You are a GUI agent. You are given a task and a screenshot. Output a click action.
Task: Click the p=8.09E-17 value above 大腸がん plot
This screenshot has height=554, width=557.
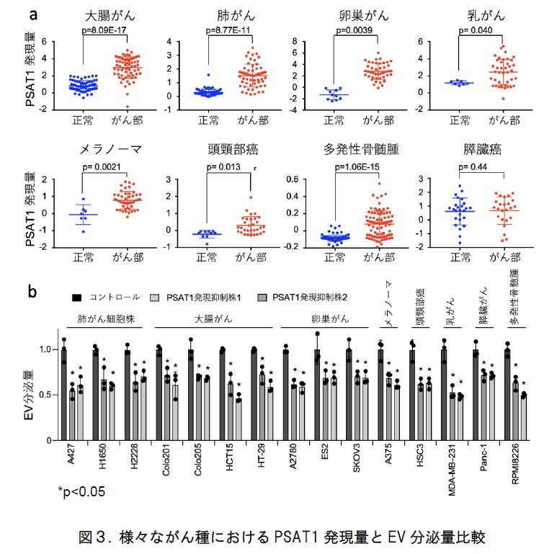(x=107, y=30)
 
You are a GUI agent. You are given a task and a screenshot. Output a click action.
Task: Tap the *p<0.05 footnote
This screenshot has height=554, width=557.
(x=83, y=492)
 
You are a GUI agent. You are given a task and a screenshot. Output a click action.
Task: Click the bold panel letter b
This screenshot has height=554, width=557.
(x=32, y=292)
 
